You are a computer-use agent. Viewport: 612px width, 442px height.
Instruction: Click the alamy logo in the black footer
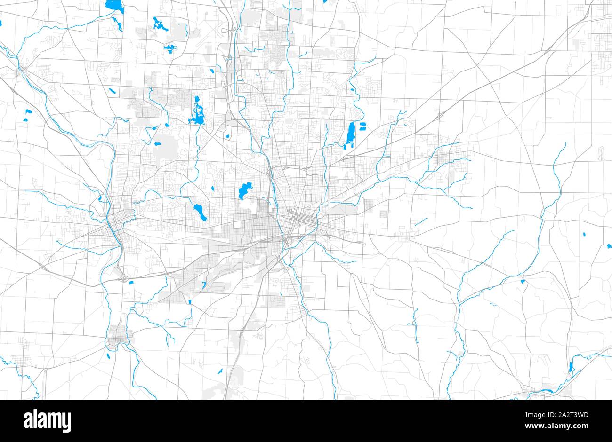coord(47,419)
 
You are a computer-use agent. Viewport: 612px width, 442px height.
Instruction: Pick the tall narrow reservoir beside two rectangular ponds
coord(350,133)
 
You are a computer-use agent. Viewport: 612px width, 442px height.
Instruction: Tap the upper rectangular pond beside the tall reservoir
coord(362,126)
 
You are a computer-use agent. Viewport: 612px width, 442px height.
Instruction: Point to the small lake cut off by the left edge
coord(1,22)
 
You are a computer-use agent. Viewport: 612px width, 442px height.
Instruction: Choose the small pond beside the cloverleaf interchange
coord(131,283)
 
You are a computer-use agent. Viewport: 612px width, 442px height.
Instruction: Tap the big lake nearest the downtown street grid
coord(243,191)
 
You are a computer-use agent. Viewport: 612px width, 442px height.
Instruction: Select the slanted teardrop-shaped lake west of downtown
coord(200,212)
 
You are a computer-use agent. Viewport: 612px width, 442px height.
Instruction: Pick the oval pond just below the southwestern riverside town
coord(109,355)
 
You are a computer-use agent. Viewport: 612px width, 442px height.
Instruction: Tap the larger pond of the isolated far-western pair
coord(27,111)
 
